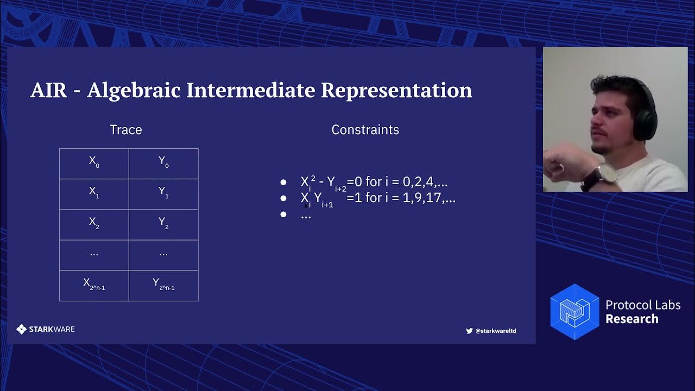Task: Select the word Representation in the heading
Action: coord(396,90)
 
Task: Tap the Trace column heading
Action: coord(125,130)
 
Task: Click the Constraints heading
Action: coord(365,130)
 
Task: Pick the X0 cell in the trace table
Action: coord(94,163)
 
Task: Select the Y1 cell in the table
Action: coord(163,193)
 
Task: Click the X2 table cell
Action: coord(94,224)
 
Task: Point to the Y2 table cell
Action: coord(163,224)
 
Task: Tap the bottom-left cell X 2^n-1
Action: coord(94,285)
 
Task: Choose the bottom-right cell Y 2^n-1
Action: coord(163,285)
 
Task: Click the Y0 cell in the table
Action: coord(163,163)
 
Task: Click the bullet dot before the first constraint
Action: coord(283,182)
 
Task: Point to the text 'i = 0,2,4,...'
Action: coord(416,182)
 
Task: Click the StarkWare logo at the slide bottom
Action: coord(46,329)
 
